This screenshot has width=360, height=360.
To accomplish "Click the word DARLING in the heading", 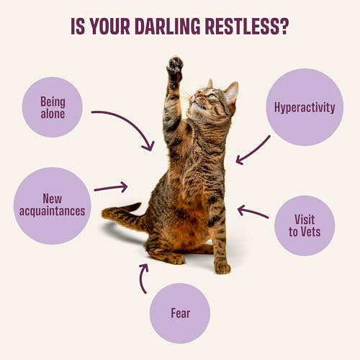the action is coord(168,26).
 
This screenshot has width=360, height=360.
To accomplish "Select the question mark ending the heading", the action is coord(283,26).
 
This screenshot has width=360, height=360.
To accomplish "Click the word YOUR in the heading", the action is coord(110,26).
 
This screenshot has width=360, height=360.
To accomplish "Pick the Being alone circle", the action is coord(53,107).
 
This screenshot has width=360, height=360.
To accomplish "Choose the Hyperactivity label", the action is coord(305,107).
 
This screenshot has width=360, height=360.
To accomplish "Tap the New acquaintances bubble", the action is coord(53,206).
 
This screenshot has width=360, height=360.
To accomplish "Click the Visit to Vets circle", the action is coord(305,225).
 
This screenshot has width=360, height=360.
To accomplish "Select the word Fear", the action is coord(181,313).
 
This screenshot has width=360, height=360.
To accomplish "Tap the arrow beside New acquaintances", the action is coord(111,188).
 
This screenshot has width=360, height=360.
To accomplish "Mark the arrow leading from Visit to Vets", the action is coord(253,212).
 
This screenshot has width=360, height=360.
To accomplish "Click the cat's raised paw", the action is coord(175,66).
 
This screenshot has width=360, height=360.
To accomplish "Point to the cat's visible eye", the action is coord(212,96).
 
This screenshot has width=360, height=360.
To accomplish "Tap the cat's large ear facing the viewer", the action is coord(231,92).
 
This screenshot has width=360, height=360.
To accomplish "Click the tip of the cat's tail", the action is coord(104,213).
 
